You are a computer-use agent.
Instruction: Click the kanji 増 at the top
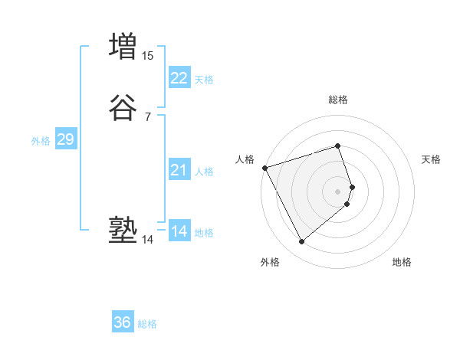coord(123,46)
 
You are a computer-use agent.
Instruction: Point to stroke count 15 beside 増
coord(148,55)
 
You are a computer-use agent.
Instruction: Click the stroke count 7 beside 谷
coord(147,117)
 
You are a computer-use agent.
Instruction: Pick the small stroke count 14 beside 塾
coord(147,240)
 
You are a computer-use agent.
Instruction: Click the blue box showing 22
coord(179,77)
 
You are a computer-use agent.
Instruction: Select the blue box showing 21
coord(179,170)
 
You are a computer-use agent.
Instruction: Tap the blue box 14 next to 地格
coord(179,231)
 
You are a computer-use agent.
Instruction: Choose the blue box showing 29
coord(65,139)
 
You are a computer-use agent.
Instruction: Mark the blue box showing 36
coord(123,322)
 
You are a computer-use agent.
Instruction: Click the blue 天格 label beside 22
coord(204,80)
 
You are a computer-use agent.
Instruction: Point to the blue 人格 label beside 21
coord(204,172)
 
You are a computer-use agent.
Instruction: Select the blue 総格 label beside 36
coord(147,325)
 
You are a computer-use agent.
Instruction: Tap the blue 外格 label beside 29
coord(41,142)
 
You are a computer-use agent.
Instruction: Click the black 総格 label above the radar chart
coord(337,100)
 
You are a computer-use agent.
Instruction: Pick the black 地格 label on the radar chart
coord(402,263)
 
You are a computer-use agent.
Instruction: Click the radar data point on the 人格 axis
coord(264,167)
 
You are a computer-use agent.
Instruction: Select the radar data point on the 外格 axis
coord(301,241)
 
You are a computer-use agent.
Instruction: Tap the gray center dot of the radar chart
coord(338,191)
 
